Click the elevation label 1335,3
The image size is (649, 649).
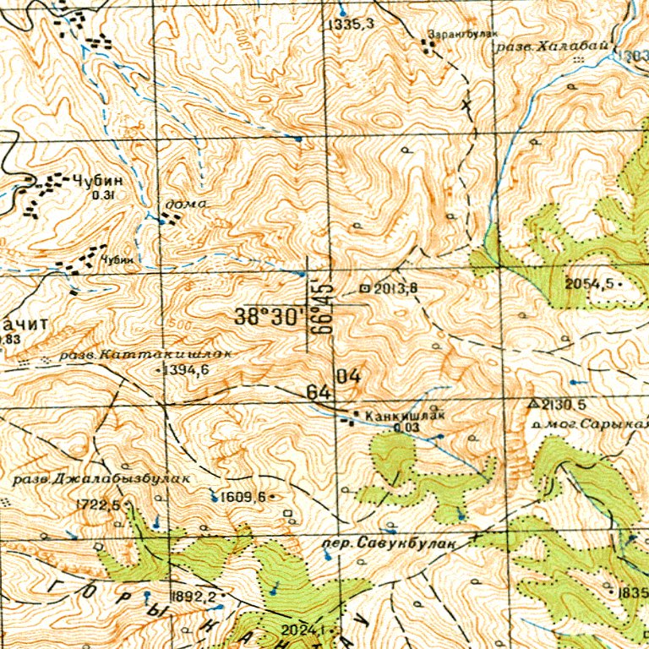[x=352, y=25]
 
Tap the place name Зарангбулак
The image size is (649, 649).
[x=453, y=35]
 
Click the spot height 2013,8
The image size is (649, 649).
[x=395, y=289]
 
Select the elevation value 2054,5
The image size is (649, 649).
[x=591, y=283]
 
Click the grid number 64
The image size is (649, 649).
[x=318, y=393]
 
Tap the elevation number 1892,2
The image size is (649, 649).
[x=194, y=596]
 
